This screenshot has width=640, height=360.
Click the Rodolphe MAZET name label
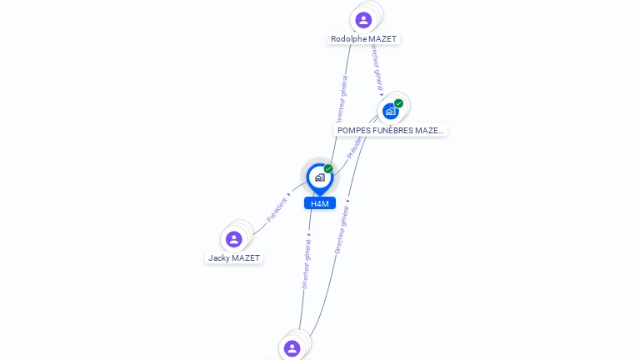coord(364,39)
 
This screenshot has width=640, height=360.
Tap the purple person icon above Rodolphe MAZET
coord(363,20)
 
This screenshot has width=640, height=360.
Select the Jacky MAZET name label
coord(234,258)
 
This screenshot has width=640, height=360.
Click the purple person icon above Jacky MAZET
coord(234,239)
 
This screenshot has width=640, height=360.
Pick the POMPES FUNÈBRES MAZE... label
coord(390,131)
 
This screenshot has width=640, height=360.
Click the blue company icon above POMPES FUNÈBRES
coord(390,111)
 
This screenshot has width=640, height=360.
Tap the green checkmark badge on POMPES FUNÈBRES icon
coord(398,103)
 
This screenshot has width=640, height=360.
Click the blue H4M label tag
coord(319,203)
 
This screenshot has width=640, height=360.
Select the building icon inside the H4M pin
coord(319,177)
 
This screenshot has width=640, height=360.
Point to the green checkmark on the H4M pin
coord(328,169)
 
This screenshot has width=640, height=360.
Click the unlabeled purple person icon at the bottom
coord(292,348)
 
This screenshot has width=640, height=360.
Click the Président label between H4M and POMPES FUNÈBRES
coord(355,147)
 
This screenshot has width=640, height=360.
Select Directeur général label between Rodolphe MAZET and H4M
coord(342,98)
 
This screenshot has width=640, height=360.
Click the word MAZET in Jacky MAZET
coord(246,258)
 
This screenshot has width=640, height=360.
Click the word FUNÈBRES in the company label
coord(394,131)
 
